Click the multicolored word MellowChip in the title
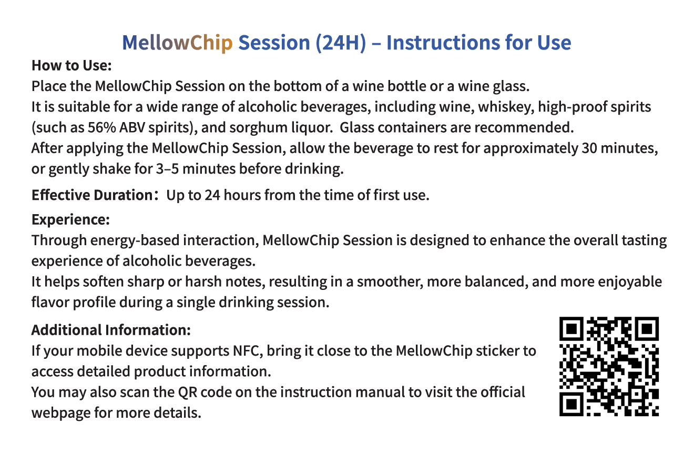[x=177, y=43]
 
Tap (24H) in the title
[x=341, y=43]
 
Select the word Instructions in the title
[x=443, y=42]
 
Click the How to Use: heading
[x=72, y=65]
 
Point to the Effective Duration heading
[x=92, y=195]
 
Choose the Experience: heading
[x=70, y=220]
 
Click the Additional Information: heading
[x=111, y=330]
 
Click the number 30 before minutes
[x=589, y=148]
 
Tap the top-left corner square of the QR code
[x=571, y=329]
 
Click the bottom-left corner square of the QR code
[x=571, y=404]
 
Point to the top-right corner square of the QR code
[x=647, y=329]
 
